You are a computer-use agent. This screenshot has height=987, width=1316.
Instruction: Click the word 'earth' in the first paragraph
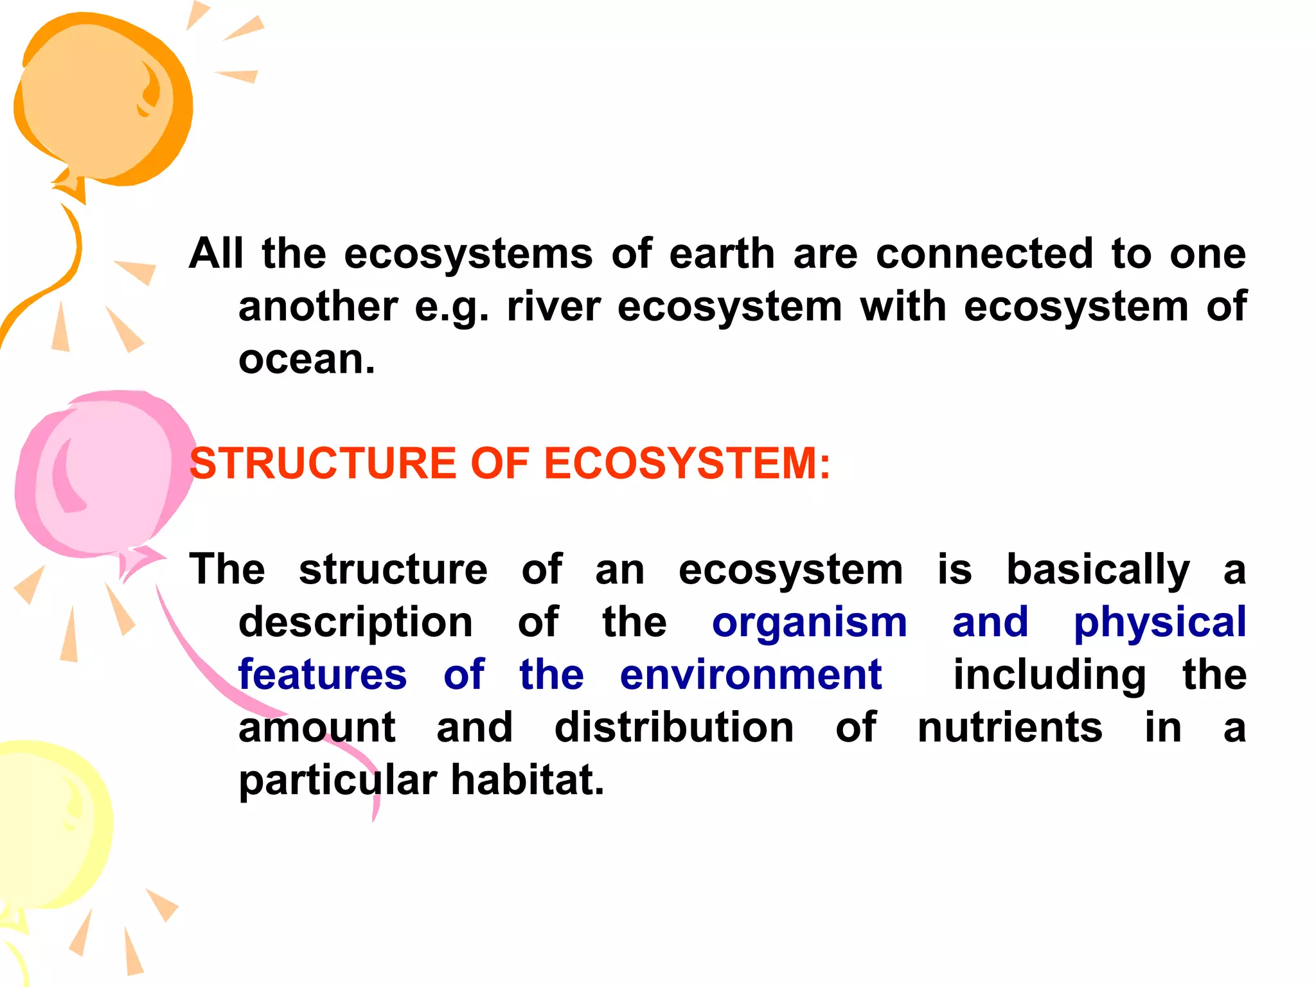point(722,253)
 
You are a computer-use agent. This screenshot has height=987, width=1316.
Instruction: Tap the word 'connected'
point(984,253)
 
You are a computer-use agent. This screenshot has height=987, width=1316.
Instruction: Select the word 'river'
point(553,306)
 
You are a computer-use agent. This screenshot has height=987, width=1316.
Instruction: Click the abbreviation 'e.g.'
point(452,307)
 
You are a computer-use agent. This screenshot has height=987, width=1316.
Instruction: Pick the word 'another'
point(318,306)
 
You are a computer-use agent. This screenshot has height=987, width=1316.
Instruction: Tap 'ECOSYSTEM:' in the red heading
point(687,463)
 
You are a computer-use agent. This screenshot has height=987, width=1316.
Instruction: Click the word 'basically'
point(1098,570)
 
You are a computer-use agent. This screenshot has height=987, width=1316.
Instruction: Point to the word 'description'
point(356,623)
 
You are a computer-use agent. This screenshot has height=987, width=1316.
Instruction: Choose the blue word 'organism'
point(810,623)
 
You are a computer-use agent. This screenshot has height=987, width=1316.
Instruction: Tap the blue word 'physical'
point(1160,623)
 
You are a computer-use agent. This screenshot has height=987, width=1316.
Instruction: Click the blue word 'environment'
point(751,675)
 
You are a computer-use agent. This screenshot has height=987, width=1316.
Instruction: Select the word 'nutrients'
point(1010,727)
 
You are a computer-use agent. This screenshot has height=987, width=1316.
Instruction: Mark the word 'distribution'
point(674,727)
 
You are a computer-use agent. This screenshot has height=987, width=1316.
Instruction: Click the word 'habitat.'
point(528,780)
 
